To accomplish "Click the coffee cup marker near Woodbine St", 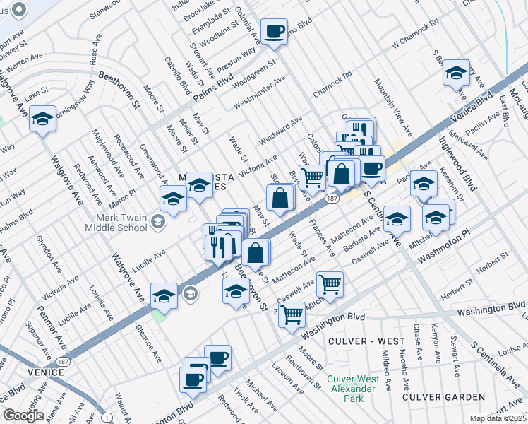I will (274, 32).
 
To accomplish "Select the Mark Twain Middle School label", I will (116, 223).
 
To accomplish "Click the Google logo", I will (23, 416).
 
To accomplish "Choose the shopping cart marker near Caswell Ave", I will (330, 284).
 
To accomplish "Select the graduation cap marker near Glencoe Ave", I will (164, 295).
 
